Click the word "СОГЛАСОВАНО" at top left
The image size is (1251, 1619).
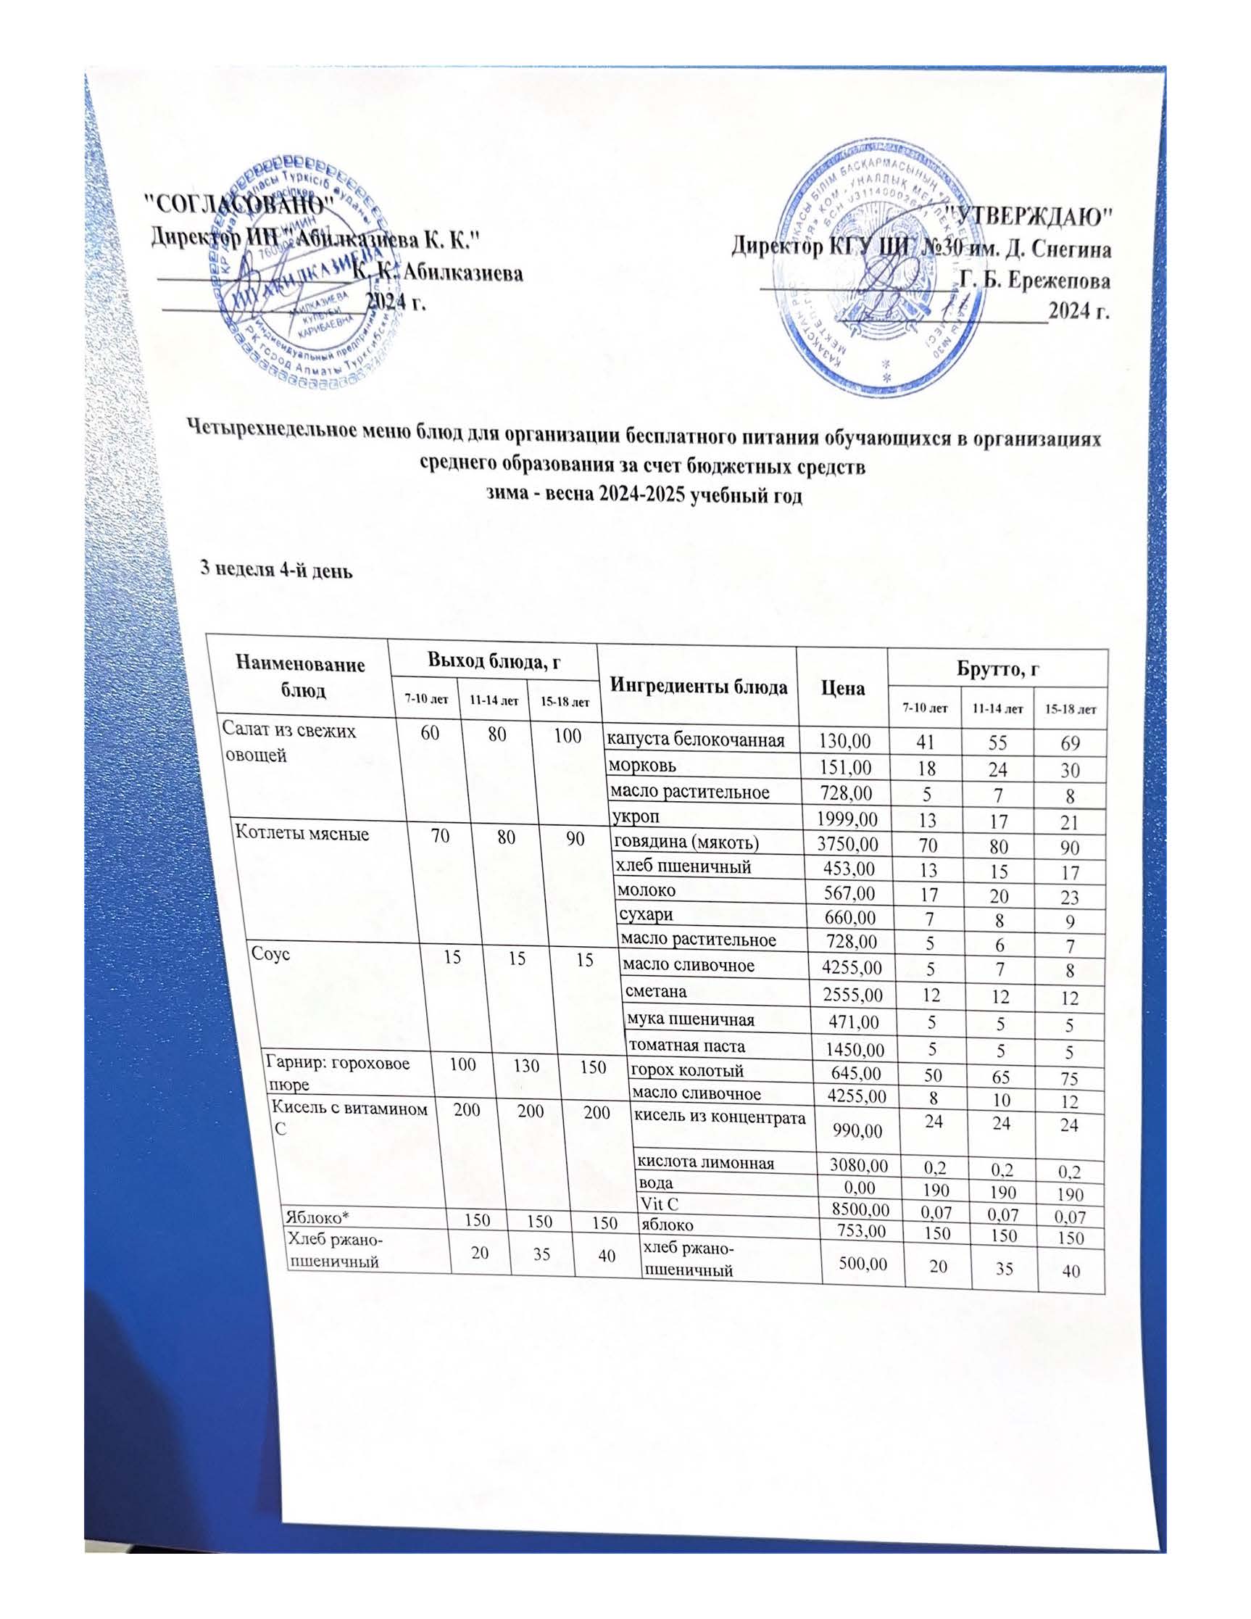coord(237,202)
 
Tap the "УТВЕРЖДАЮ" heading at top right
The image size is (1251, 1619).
coord(1030,217)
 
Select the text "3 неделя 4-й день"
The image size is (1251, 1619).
coord(278,570)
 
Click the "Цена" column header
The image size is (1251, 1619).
coord(843,688)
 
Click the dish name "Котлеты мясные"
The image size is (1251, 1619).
coord(302,832)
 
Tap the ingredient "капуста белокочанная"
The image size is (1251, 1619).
coord(696,739)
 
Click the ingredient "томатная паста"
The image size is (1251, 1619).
coord(686,1046)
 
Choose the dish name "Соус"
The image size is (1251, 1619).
coord(270,953)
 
